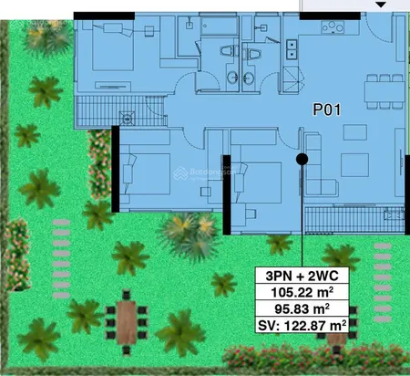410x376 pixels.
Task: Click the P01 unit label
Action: [328, 110]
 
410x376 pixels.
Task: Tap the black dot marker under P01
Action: [302, 159]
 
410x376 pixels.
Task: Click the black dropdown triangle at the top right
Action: [381, 5]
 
